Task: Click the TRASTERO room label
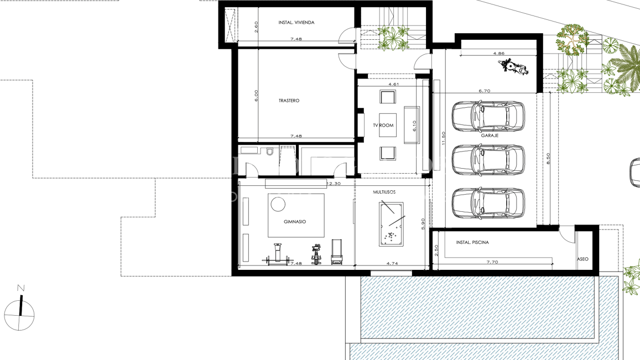(x=289, y=101)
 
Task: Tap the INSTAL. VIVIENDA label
(x=296, y=23)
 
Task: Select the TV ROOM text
(x=383, y=126)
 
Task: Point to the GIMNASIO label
(x=295, y=222)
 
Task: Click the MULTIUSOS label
(x=384, y=192)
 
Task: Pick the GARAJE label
(x=490, y=135)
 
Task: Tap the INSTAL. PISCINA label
(x=472, y=243)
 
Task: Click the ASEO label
(x=582, y=259)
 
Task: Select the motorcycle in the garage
(x=514, y=68)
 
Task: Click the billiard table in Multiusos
(x=391, y=224)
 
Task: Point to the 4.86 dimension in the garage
(x=498, y=54)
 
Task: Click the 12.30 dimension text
(x=334, y=183)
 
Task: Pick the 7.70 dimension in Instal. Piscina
(x=492, y=262)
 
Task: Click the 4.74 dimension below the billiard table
(x=392, y=264)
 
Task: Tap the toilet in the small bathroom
(x=270, y=151)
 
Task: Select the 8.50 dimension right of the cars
(x=548, y=159)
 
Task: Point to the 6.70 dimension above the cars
(x=484, y=91)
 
